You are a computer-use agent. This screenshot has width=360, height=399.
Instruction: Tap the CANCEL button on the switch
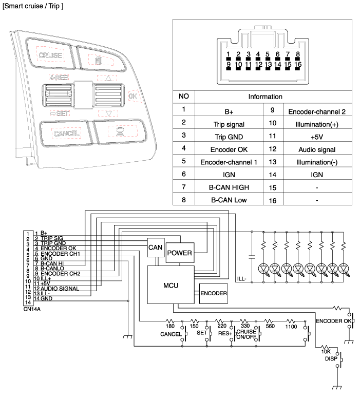point(66,134)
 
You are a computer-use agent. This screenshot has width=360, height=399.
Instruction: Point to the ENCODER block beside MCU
point(213,294)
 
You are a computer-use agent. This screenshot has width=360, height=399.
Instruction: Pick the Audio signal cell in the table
point(312,149)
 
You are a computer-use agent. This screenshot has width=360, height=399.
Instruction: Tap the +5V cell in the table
point(312,136)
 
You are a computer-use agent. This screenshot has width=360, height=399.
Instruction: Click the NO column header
point(184,97)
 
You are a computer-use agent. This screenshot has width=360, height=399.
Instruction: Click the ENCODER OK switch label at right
point(332,321)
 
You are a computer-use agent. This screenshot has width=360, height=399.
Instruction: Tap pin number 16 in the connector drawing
point(297,65)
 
